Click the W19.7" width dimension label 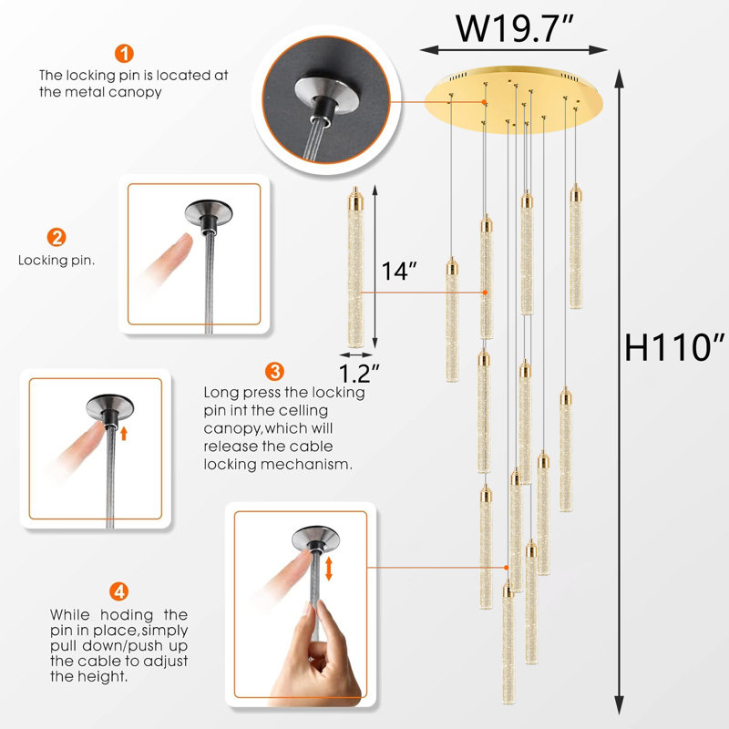point(515,29)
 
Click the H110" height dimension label point(673,346)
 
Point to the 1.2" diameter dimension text point(359,373)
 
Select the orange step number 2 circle point(56,238)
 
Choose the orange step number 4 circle point(118,590)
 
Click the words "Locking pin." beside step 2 point(56,261)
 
